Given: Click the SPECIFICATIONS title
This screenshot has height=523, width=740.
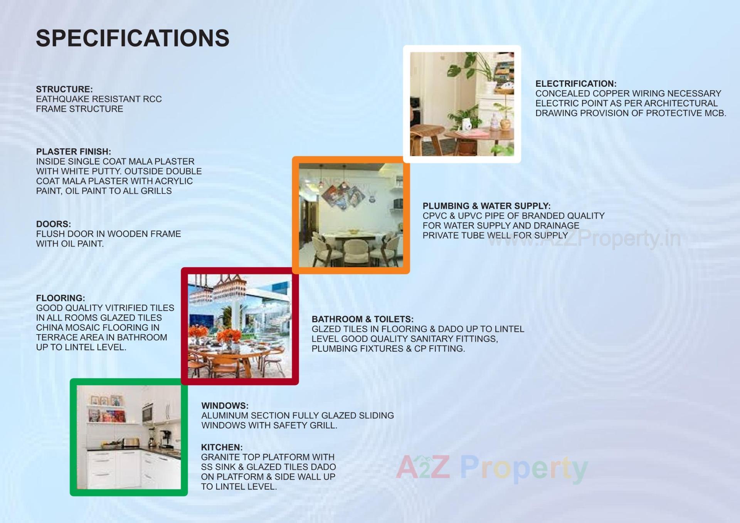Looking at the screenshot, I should point(133,38).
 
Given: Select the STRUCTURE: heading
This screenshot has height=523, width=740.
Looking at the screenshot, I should point(64,89).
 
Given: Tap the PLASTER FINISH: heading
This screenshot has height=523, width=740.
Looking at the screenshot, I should point(74,151).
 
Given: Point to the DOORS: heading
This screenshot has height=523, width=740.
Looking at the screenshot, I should point(54,224).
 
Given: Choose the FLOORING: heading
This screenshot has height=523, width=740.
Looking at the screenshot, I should point(61,298).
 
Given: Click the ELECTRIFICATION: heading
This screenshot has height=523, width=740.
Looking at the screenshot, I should point(576,84).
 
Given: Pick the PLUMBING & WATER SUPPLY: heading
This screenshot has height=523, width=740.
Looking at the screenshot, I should point(486,206).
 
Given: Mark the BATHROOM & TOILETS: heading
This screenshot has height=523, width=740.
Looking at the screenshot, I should point(362,319).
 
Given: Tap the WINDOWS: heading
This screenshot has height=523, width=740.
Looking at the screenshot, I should point(225,406).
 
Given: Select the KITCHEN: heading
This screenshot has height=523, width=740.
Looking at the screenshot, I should point(222,447).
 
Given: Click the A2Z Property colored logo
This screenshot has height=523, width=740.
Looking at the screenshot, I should point(491,468).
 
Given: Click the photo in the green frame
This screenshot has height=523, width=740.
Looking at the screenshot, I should point(129,437).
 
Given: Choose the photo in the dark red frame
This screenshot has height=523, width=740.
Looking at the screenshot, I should point(240,326).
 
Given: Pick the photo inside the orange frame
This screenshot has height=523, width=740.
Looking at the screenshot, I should point(351,215).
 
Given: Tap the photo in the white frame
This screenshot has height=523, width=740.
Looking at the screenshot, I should point(462,104).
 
